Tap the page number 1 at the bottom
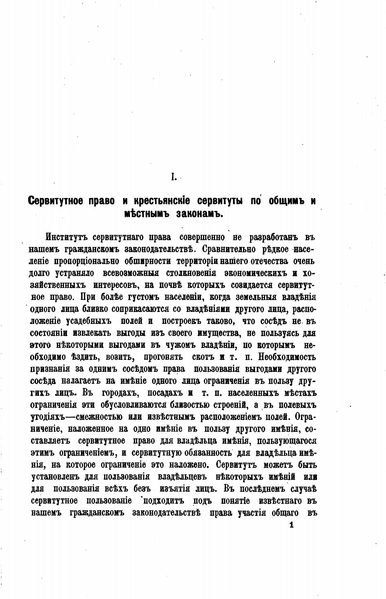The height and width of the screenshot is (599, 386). point(291,525)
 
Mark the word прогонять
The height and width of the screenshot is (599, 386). point(164,357)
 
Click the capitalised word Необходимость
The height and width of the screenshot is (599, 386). point(287,357)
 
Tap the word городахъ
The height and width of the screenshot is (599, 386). point(116,393)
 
